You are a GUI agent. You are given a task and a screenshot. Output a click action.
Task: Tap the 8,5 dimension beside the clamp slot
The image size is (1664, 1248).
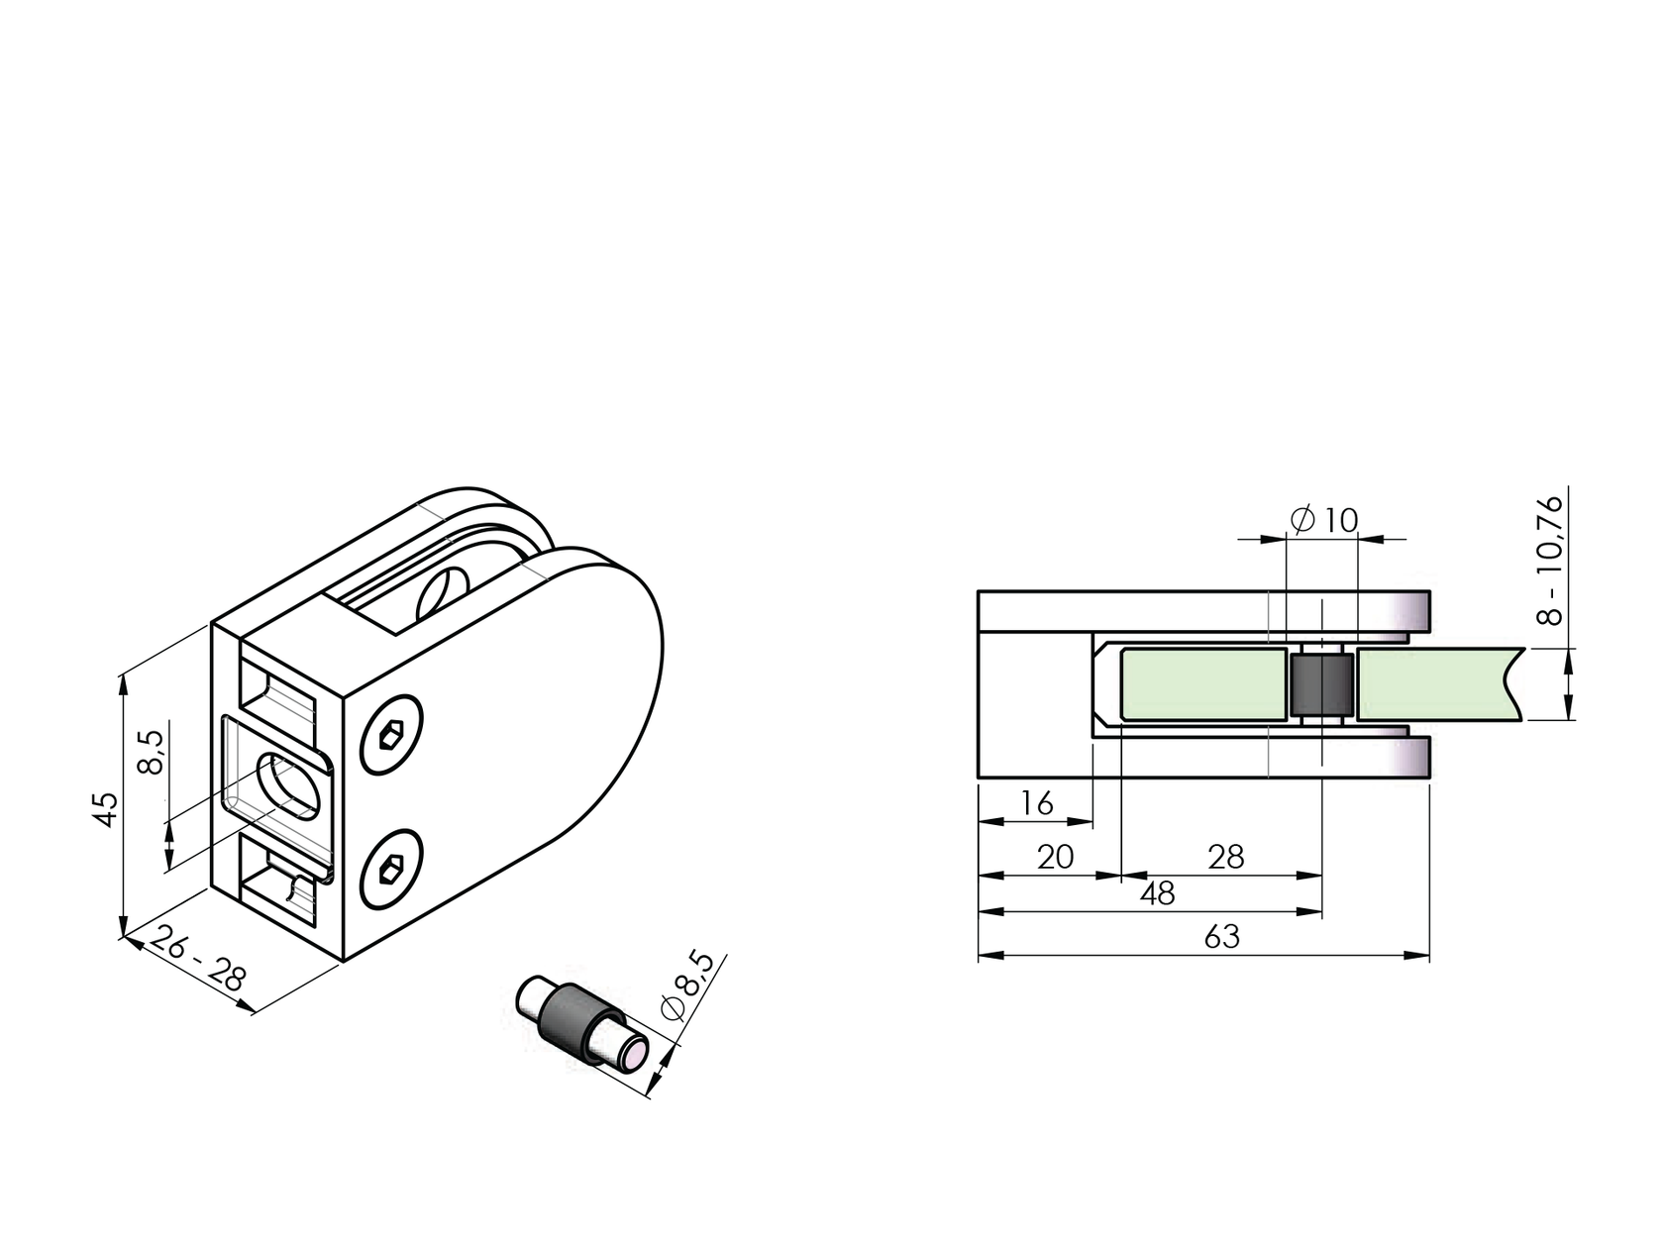pos(152,755)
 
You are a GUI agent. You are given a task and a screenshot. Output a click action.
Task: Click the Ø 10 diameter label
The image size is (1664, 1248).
pos(1325,519)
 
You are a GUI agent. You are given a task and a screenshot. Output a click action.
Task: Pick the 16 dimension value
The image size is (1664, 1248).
pos(1036,802)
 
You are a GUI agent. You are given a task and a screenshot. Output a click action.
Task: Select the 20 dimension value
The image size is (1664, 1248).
pos(1055,857)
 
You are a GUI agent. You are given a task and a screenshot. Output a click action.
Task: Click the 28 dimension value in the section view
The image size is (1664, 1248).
pos(1225,857)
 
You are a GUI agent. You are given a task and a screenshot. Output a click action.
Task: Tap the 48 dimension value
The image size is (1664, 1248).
pos(1157,893)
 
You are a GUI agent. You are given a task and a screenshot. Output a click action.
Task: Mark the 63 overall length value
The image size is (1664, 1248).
pos(1221,937)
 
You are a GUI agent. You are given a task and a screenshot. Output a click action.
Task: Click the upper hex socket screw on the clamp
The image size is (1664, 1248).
pos(391,735)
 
